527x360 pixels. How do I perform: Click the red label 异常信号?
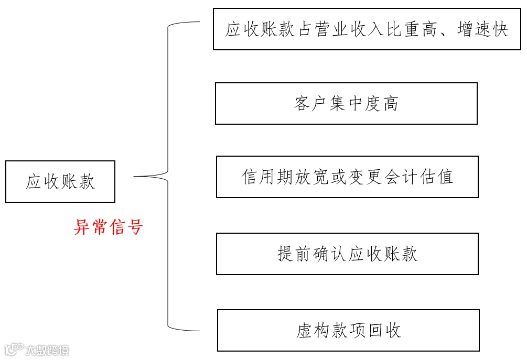point(108,227)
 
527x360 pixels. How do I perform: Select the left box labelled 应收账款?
point(60,182)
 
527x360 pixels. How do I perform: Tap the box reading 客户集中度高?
point(346,103)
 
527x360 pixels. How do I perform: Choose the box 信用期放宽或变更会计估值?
point(347,177)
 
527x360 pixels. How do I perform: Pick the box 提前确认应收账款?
point(347,254)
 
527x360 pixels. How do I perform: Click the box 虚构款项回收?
point(348,330)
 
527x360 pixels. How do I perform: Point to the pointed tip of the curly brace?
point(135,177)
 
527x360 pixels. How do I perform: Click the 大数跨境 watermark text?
point(47,350)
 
